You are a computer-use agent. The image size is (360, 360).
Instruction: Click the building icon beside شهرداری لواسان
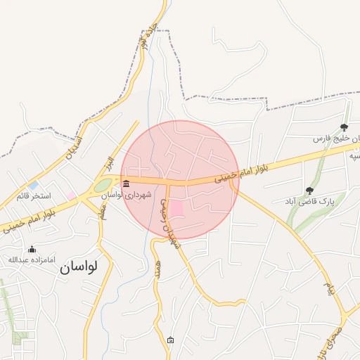pyautogui.click(x=126, y=184)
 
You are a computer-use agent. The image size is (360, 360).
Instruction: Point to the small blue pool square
pyautogui.click(x=34, y=185)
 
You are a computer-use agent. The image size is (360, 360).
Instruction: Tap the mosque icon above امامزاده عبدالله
pyautogui.click(x=31, y=249)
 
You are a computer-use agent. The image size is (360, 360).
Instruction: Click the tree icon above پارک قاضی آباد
pyautogui.click(x=309, y=190)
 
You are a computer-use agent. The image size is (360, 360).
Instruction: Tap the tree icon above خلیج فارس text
pyautogui.click(x=344, y=127)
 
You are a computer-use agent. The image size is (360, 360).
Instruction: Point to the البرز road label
pyautogui.click(x=105, y=166)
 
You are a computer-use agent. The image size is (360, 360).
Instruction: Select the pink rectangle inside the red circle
pyautogui.click(x=176, y=209)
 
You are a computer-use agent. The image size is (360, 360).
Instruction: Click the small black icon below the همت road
pyautogui.click(x=171, y=340)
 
